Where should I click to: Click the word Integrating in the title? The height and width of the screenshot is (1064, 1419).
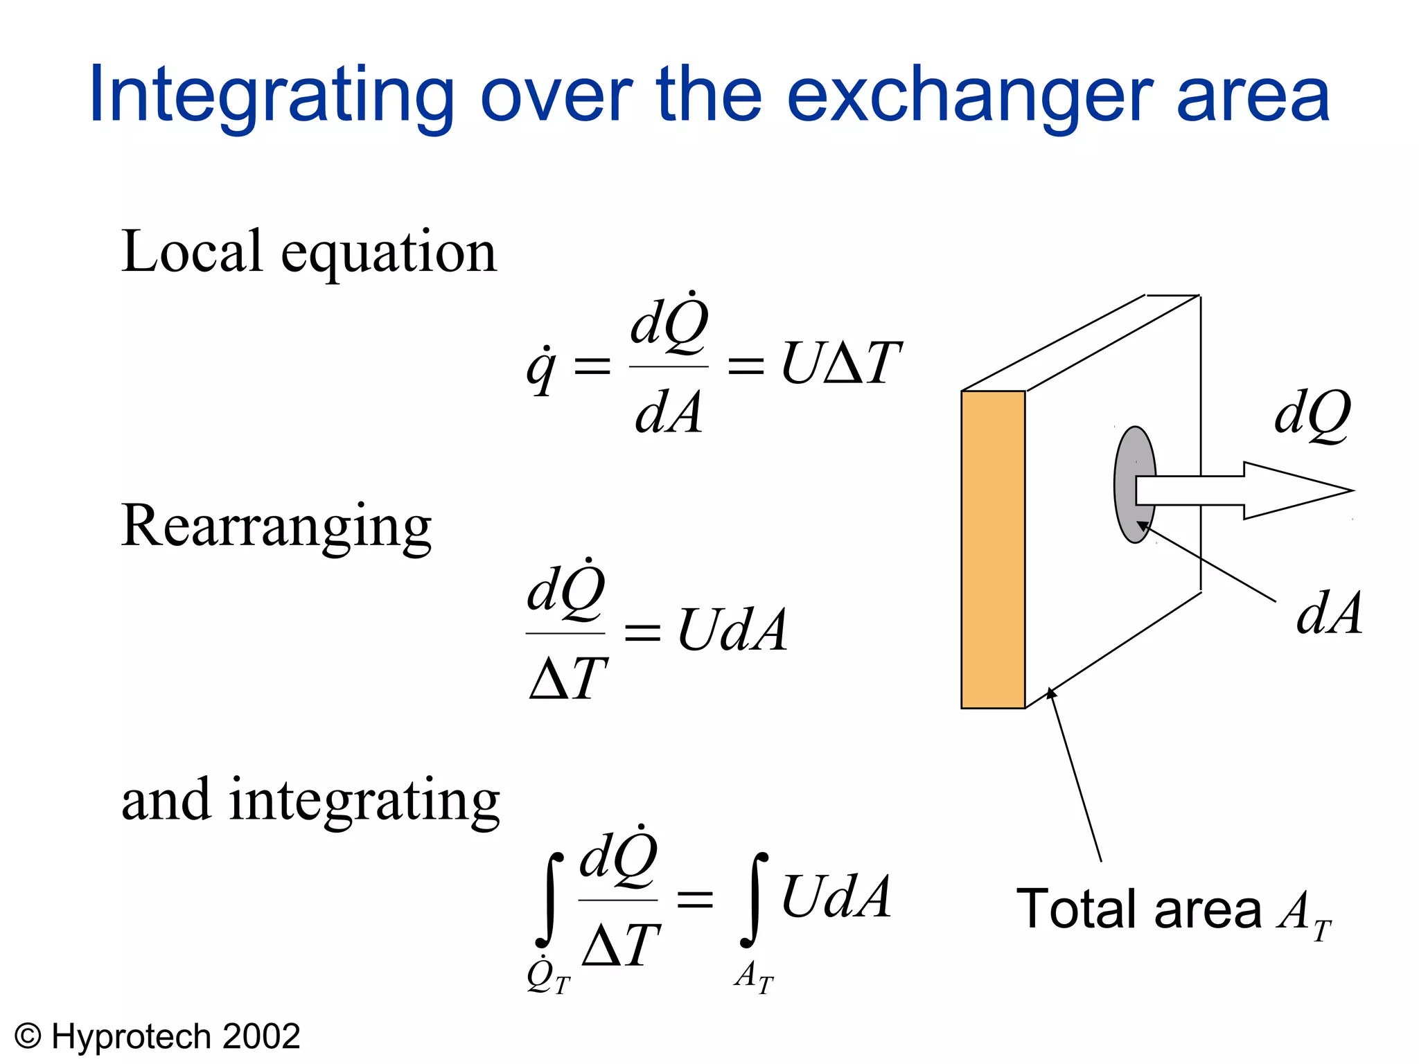click(x=271, y=96)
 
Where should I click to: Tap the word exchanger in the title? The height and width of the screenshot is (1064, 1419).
click(x=969, y=96)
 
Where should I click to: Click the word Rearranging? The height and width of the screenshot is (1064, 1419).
click(x=276, y=526)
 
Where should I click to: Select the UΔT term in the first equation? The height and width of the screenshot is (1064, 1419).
click(x=840, y=363)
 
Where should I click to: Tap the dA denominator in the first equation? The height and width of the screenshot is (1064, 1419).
click(x=668, y=413)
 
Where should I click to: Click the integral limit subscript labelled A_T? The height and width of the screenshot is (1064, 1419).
click(x=754, y=977)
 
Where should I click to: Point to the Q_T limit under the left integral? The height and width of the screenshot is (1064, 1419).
click(x=548, y=977)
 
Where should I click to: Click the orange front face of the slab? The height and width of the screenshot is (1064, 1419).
click(x=992, y=549)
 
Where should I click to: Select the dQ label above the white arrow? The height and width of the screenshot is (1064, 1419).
click(x=1312, y=414)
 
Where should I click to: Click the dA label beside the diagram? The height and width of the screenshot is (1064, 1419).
click(x=1329, y=614)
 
